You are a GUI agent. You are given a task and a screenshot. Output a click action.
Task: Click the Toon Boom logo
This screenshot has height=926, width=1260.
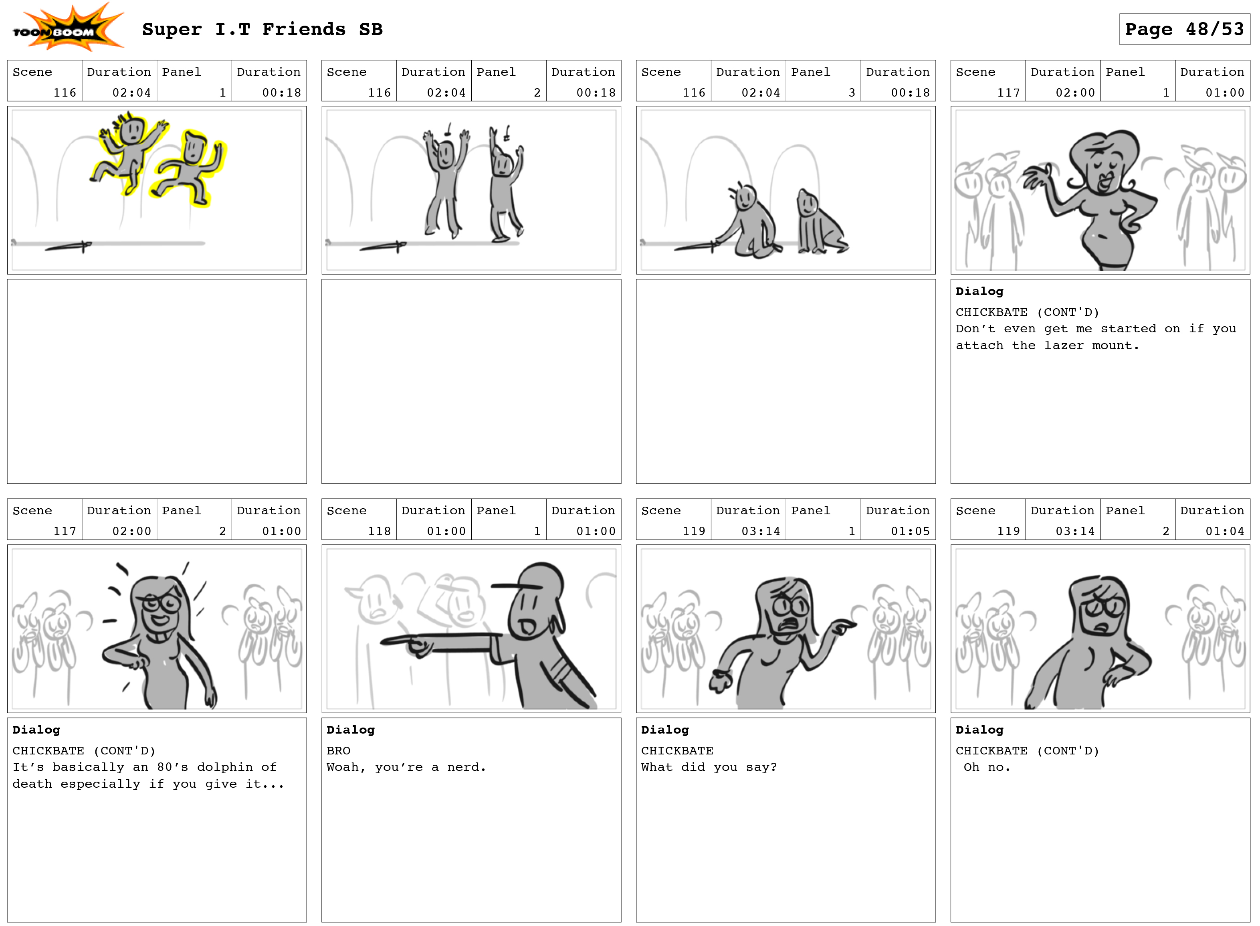(x=68, y=27)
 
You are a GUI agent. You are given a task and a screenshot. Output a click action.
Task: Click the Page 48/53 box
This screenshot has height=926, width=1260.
(x=1184, y=29)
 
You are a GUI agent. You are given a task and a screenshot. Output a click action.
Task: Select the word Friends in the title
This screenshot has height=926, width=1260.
(x=304, y=29)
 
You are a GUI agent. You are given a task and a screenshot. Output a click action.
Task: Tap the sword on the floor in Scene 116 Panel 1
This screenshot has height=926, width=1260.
(x=69, y=246)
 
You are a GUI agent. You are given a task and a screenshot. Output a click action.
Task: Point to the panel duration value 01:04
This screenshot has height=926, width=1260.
(x=1224, y=531)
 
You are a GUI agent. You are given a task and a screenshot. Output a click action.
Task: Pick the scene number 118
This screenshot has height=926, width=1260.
(x=379, y=531)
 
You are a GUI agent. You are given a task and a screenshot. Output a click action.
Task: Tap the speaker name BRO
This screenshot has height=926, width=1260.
(x=338, y=750)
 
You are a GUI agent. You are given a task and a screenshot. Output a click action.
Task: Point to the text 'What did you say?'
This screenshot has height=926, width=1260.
(x=709, y=767)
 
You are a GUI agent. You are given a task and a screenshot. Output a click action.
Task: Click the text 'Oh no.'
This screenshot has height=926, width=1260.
(x=987, y=767)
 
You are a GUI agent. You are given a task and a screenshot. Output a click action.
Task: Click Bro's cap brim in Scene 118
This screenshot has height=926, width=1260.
(x=516, y=586)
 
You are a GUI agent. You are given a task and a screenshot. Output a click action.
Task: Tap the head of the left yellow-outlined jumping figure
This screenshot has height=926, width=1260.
(x=132, y=129)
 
